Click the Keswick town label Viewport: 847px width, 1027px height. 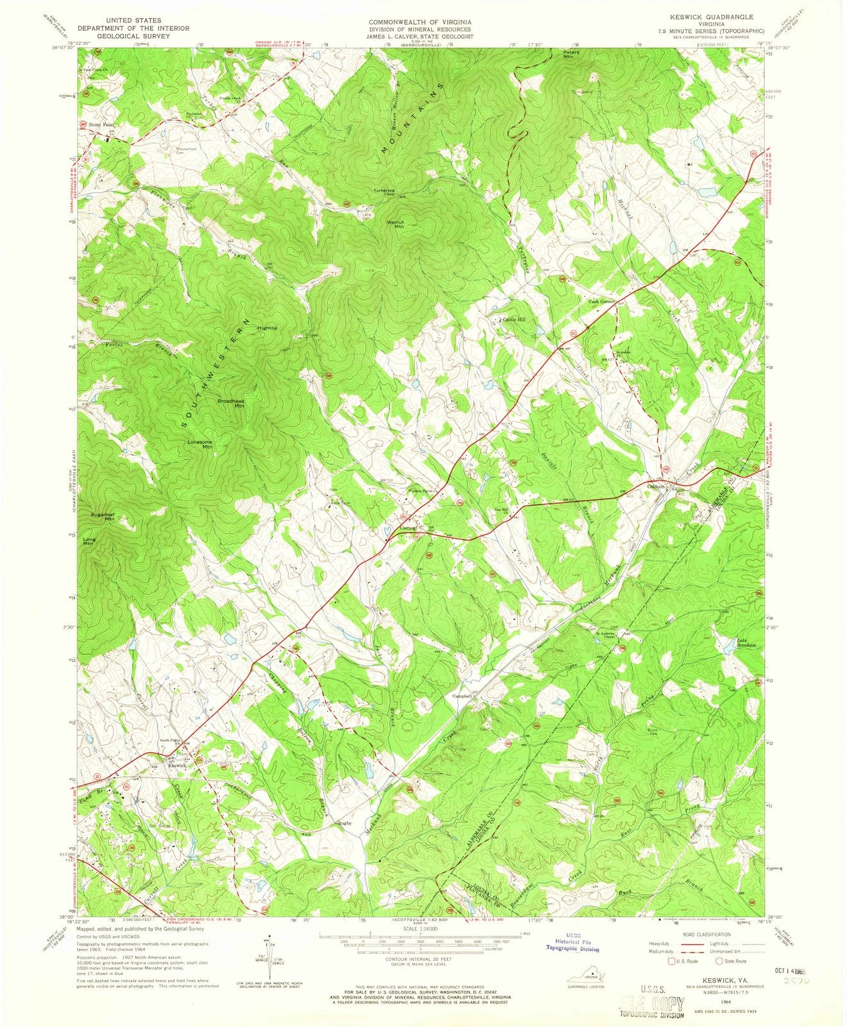[x=176, y=765]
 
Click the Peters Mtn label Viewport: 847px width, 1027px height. [x=571, y=54]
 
